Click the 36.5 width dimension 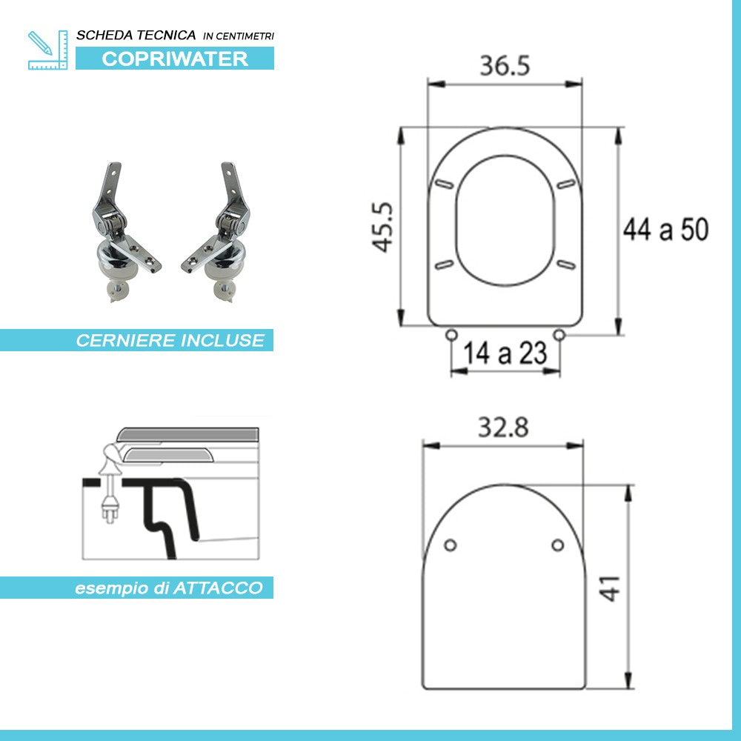click(505, 66)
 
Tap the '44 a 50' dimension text click(665, 230)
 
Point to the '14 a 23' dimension click(505, 354)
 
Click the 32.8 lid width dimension click(503, 428)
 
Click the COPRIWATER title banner click(175, 59)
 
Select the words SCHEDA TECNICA click(136, 35)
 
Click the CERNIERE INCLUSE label click(170, 341)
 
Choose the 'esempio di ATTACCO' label click(169, 588)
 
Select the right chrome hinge click(221, 230)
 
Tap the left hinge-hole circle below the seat click(451, 336)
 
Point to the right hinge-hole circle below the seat click(559, 336)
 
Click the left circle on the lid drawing click(449, 545)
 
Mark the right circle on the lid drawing click(558, 545)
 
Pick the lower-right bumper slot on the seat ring click(567, 262)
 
